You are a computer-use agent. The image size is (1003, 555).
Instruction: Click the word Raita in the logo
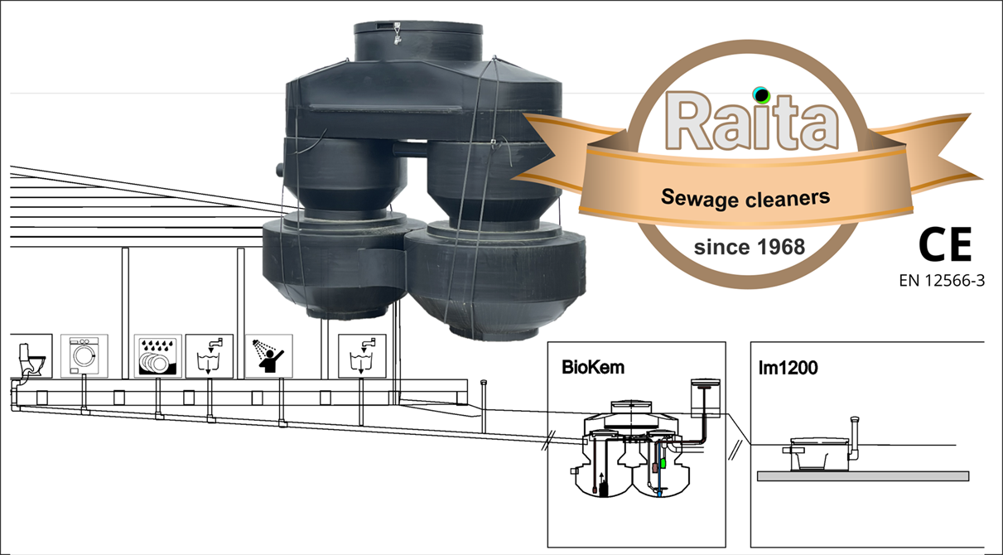tap(751, 122)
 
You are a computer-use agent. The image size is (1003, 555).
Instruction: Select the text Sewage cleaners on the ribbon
tap(745, 198)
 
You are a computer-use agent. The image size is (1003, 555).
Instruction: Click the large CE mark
tap(943, 245)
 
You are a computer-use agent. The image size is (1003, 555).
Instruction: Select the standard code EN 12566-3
tap(942, 281)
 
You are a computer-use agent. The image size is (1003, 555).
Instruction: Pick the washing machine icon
tap(84, 356)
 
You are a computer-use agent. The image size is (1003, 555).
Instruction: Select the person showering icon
tap(267, 356)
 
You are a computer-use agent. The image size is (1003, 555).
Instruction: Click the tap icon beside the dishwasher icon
tap(204, 356)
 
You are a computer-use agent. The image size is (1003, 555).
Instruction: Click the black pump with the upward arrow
tap(603, 485)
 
